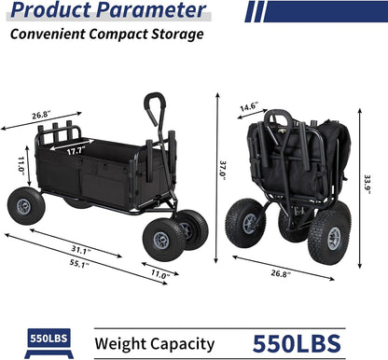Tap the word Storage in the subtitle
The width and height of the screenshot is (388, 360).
click(175, 35)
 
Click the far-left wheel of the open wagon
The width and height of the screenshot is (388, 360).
click(23, 205)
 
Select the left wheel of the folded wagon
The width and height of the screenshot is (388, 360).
click(245, 222)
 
